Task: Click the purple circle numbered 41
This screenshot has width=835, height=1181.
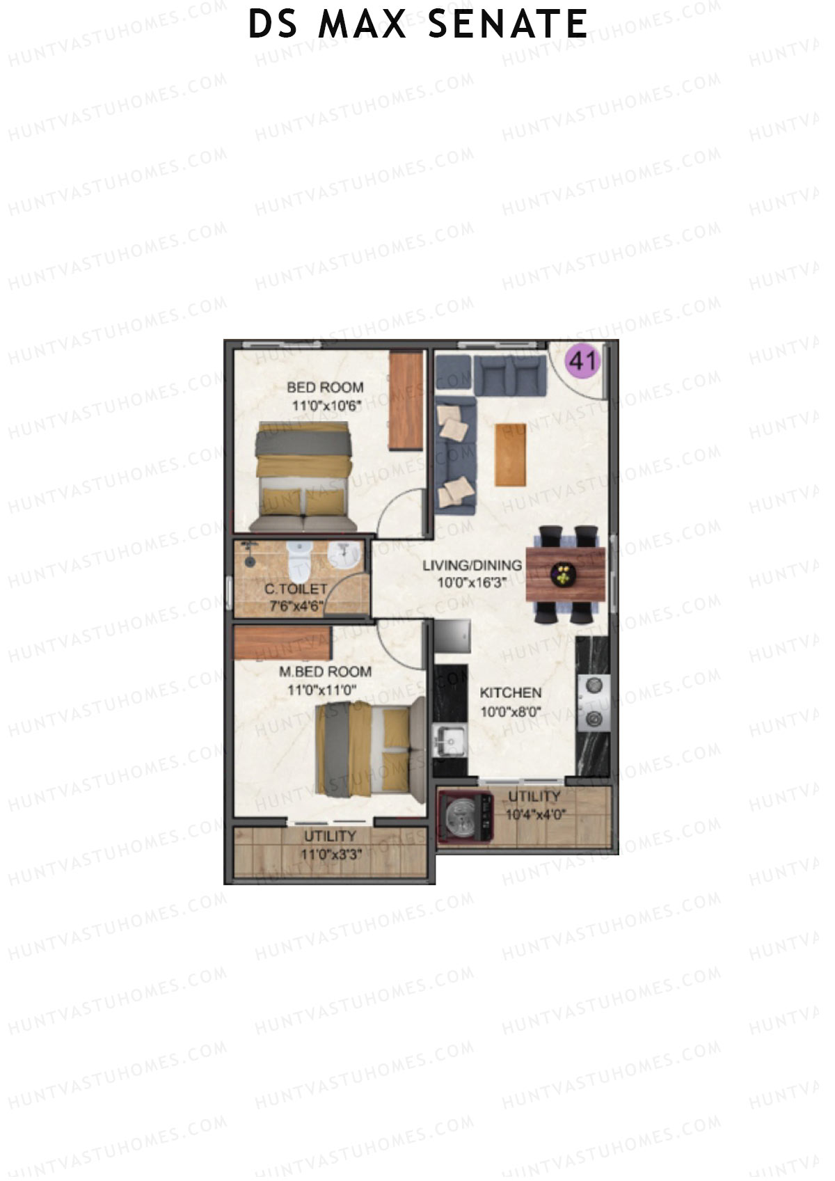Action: click(x=583, y=362)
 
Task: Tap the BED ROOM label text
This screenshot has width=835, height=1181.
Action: click(x=325, y=388)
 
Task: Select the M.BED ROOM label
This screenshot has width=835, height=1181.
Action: click(x=325, y=672)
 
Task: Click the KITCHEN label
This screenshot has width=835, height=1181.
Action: click(x=511, y=693)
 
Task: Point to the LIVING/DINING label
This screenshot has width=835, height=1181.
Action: click(x=472, y=565)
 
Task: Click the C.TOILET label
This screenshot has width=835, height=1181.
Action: click(x=296, y=589)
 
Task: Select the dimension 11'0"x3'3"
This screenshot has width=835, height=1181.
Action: click(x=330, y=855)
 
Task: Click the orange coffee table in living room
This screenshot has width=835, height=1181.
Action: click(x=510, y=454)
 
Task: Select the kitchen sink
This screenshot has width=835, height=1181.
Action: click(x=449, y=738)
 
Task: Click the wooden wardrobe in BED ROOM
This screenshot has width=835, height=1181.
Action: click(x=406, y=400)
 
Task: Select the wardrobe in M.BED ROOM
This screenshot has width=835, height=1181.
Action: click(x=283, y=642)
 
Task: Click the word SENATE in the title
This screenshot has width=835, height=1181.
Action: click(x=508, y=24)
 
